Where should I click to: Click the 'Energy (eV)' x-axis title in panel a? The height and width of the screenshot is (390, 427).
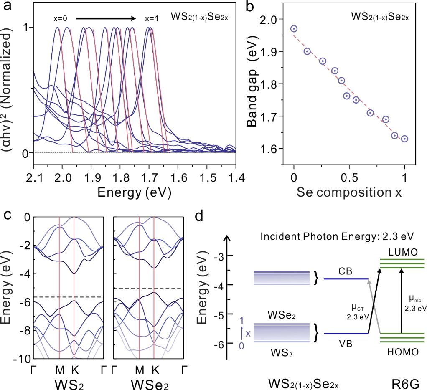pos(134,193)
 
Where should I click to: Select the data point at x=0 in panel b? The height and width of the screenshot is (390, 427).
pos(294,29)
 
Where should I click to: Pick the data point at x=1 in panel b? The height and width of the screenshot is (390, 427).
pos(404,139)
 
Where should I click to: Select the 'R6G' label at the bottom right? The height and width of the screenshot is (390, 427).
pos(403,382)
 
